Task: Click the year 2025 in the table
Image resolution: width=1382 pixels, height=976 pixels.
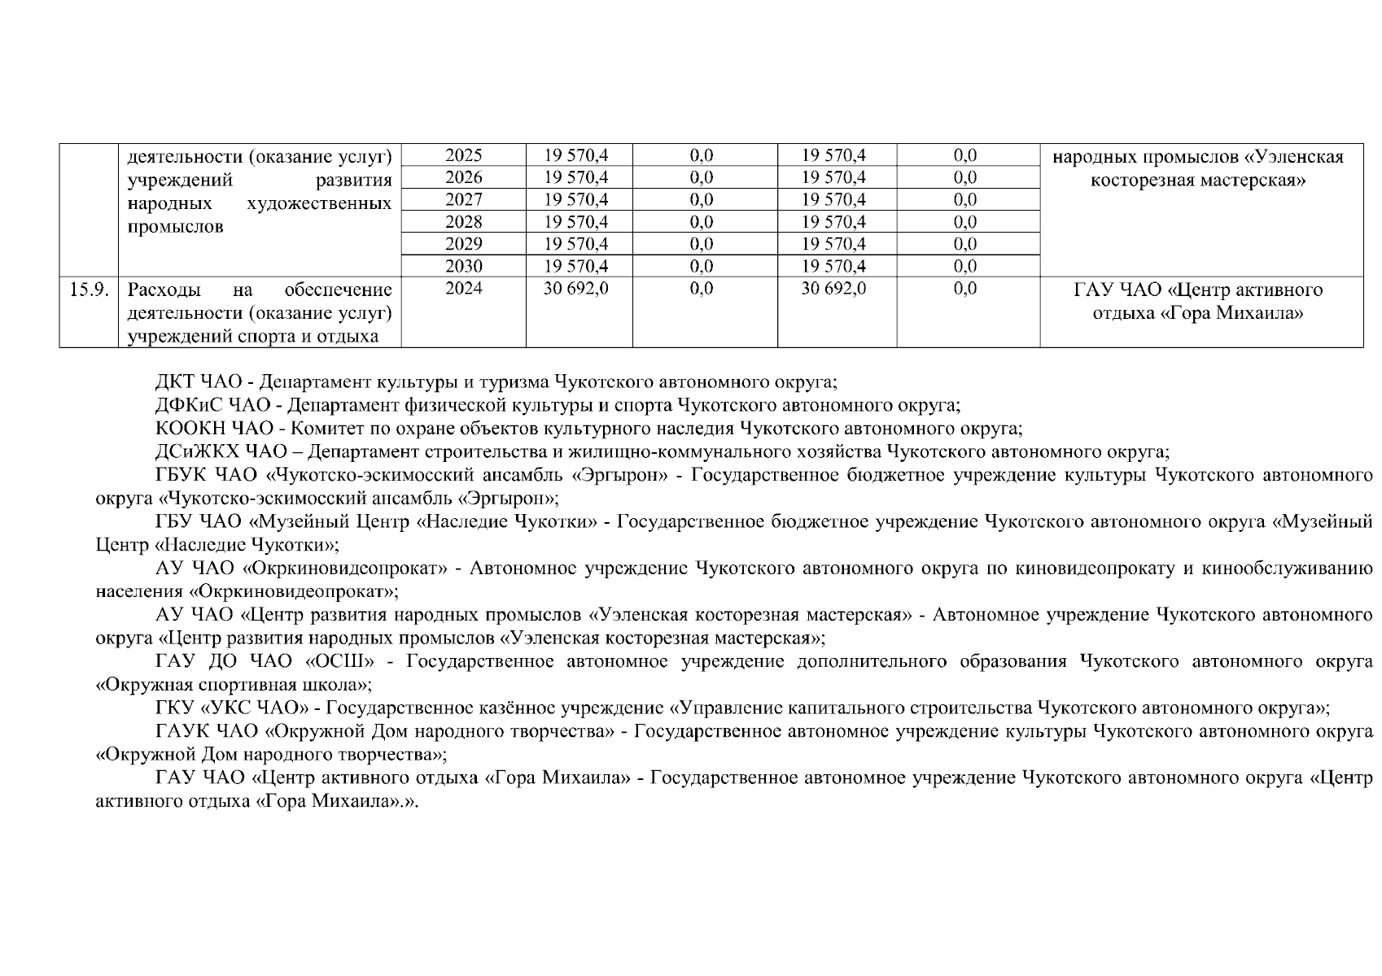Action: pos(464,155)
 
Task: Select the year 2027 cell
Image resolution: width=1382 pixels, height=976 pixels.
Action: pos(464,200)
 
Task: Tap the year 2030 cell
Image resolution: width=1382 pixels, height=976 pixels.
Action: pos(464,266)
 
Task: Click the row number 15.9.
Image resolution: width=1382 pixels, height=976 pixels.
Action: pos(89,290)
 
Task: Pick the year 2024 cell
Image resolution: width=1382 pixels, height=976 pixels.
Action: pos(464,289)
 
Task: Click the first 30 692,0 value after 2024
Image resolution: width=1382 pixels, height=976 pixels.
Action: pos(576,289)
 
